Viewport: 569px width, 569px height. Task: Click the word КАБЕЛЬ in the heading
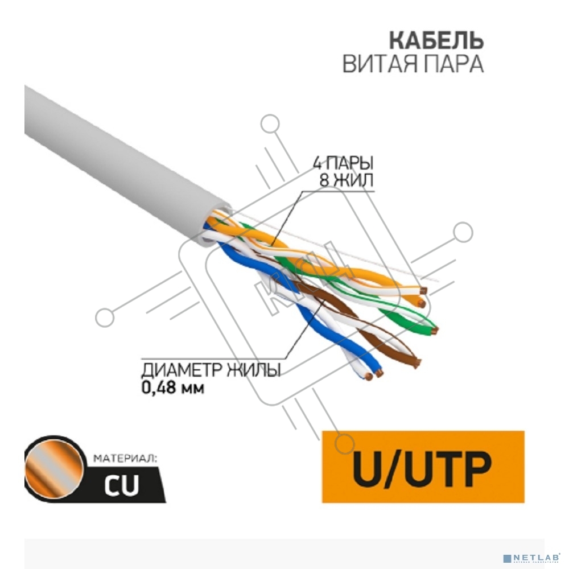click(436, 40)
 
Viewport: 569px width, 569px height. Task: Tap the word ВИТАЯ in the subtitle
click(378, 64)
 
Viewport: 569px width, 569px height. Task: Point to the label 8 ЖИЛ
click(347, 180)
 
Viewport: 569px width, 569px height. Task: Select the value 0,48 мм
click(173, 387)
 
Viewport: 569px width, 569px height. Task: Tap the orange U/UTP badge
click(423, 467)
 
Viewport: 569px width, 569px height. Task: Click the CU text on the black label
click(122, 485)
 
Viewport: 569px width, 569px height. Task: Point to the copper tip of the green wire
click(434, 331)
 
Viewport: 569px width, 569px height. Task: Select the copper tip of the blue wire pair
click(373, 375)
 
